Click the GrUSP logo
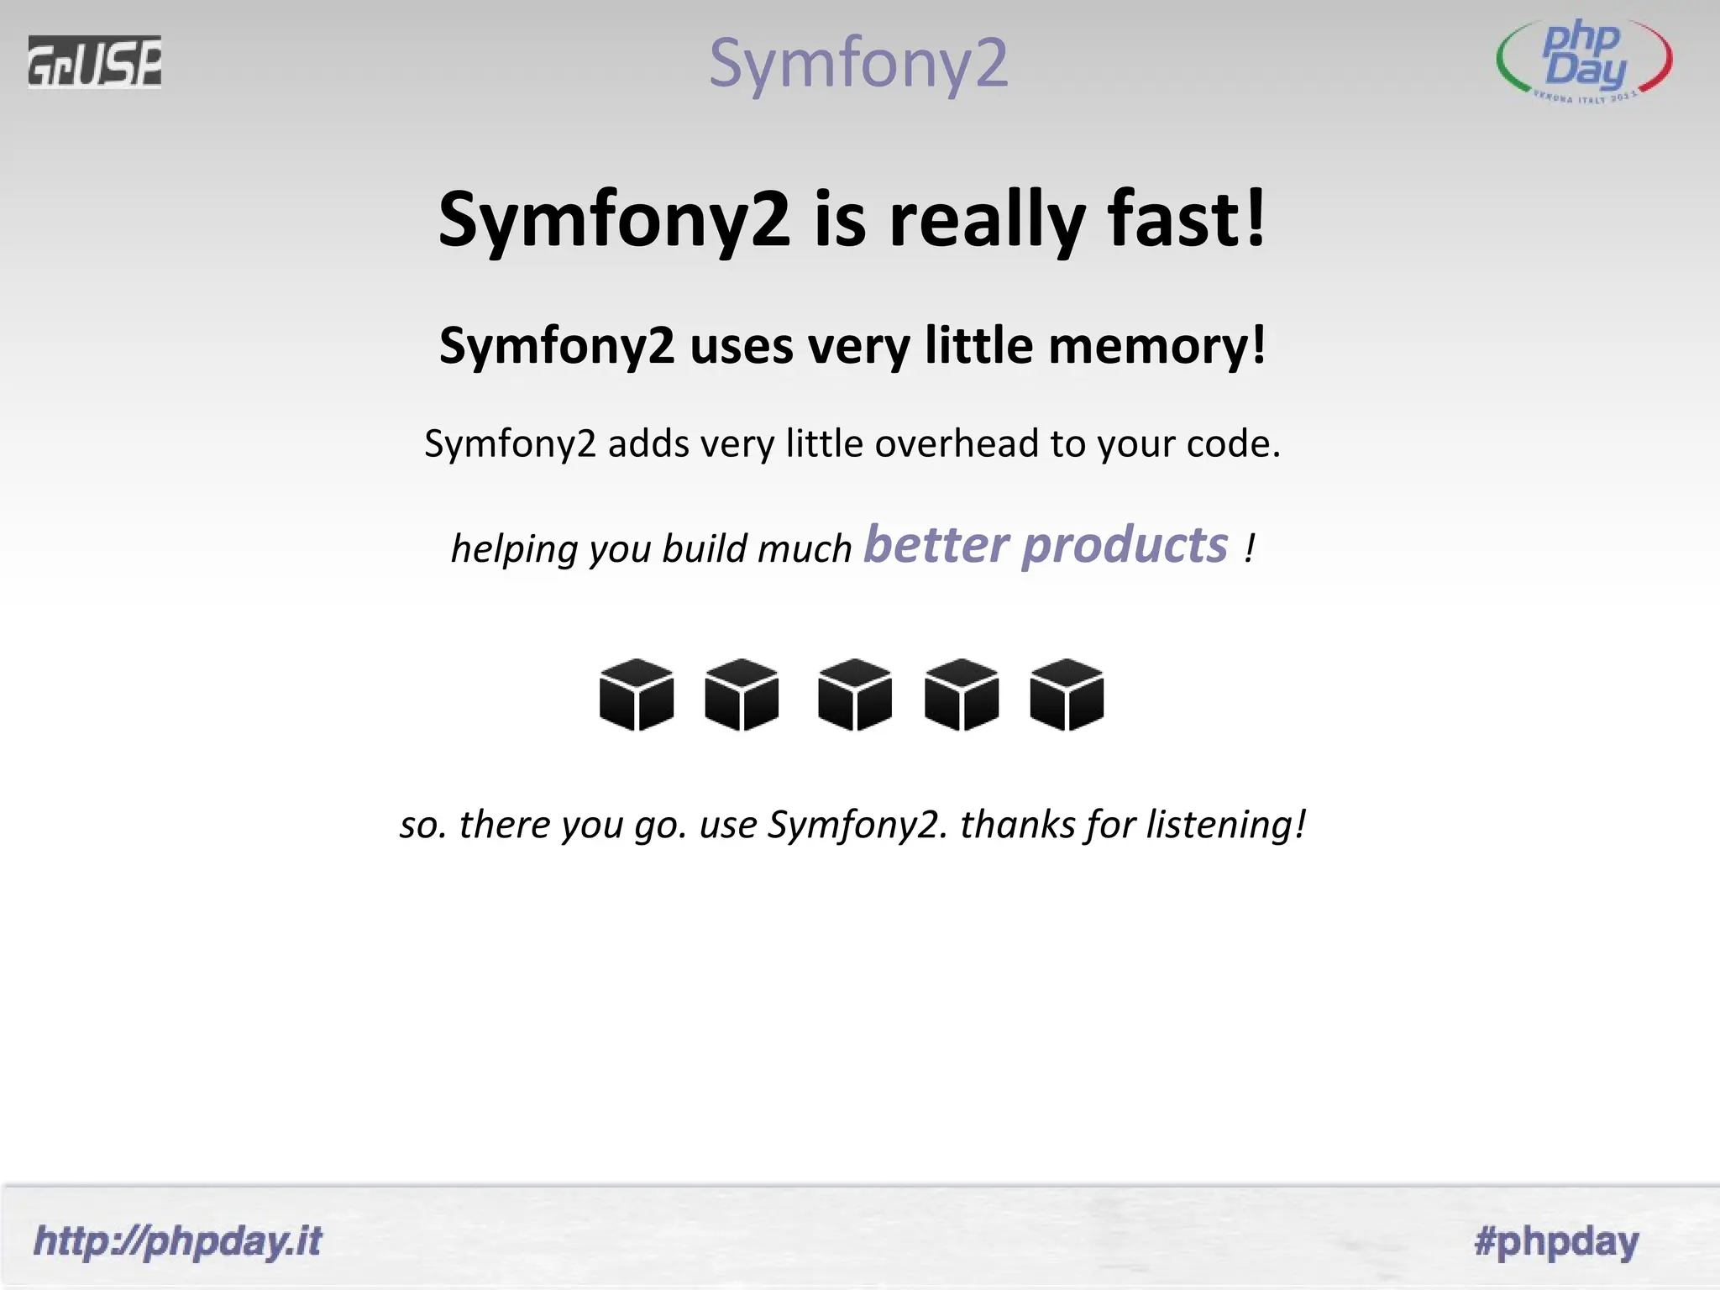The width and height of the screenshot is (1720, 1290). coord(94,61)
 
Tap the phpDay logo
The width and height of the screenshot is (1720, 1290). coord(1584,61)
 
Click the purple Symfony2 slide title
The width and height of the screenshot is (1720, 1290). coord(857,63)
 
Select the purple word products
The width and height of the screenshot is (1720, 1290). coord(1125,546)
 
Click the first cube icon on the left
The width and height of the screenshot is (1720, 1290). coord(637,695)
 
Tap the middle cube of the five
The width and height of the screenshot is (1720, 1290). coord(854,695)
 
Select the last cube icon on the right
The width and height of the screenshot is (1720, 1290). coord(1067,695)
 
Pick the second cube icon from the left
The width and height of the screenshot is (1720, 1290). coord(742,695)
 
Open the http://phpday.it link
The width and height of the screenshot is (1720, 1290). coord(177,1241)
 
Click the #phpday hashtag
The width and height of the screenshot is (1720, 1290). coord(1556,1241)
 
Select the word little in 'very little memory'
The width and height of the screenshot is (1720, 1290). coord(978,345)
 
